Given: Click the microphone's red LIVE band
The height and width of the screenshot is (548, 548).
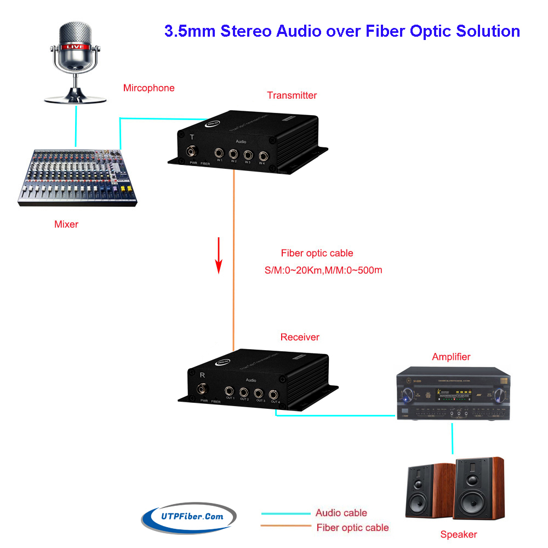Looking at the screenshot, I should [x=76, y=47].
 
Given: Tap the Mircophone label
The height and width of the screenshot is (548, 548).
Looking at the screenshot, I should [x=149, y=88].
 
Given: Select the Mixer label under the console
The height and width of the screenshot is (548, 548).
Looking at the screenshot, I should [x=66, y=224].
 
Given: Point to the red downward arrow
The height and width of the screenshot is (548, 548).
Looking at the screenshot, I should [x=219, y=255].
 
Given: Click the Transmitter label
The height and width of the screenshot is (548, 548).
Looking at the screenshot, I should [x=292, y=95].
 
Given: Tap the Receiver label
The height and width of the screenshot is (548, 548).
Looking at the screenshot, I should [x=300, y=337].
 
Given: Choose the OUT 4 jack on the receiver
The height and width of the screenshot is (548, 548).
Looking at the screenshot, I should [x=273, y=393].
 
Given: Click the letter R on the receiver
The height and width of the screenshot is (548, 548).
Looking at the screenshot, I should [x=203, y=375].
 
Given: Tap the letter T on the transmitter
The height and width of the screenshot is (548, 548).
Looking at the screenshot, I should [x=191, y=137].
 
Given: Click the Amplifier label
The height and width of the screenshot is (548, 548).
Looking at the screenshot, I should [x=451, y=357].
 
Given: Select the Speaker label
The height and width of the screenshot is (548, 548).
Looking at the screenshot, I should [x=459, y=534].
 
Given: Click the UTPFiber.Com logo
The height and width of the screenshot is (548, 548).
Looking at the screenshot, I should [x=189, y=517].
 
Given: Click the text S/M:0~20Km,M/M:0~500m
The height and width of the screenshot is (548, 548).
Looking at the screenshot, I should [x=323, y=270].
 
